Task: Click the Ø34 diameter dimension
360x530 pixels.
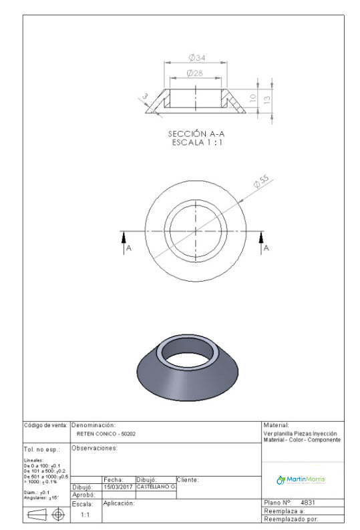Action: [x=196, y=58]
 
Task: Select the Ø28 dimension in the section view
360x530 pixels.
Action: [x=195, y=72]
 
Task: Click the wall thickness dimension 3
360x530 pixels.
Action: [x=144, y=97]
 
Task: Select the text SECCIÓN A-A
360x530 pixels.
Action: [x=196, y=134]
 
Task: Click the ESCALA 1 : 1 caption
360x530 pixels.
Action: [x=196, y=142]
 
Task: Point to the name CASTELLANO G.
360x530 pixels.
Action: [x=156, y=487]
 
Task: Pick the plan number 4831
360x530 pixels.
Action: [x=308, y=503]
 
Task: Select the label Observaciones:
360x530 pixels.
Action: [x=94, y=448]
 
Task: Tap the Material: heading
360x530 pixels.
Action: [x=277, y=425]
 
